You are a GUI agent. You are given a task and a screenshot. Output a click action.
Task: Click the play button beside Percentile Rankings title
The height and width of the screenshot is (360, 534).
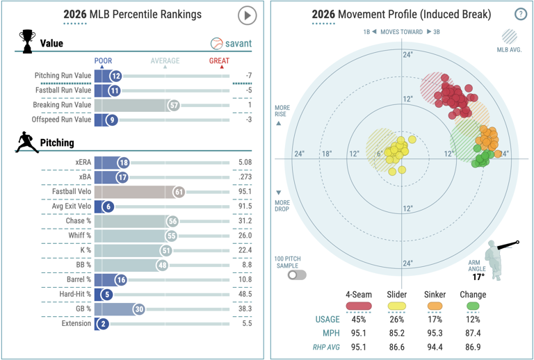(247, 15)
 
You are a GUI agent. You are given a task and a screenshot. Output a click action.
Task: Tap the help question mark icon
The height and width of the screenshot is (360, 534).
(520, 14)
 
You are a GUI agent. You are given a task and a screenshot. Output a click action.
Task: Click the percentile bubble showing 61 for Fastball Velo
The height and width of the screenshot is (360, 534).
(179, 192)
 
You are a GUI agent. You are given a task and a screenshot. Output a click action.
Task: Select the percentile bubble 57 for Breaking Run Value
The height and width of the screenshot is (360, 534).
(174, 105)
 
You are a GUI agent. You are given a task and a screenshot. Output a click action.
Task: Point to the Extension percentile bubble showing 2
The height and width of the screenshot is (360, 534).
(103, 324)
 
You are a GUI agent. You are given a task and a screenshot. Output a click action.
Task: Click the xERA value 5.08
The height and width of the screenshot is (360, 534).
(245, 163)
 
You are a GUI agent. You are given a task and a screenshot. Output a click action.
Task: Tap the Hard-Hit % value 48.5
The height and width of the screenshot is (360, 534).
(245, 294)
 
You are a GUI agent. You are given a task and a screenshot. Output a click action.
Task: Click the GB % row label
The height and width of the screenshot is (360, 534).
(83, 309)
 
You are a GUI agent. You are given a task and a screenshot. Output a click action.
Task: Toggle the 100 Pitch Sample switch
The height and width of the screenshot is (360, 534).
(297, 275)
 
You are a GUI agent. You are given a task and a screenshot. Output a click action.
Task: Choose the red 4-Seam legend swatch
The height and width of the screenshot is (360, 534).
(359, 306)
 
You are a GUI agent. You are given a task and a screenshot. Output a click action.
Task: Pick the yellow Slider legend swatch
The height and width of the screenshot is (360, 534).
(397, 306)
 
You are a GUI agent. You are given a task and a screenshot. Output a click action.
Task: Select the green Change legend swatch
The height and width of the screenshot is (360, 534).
(473, 306)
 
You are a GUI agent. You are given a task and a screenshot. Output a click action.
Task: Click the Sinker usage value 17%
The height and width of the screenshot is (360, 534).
(435, 320)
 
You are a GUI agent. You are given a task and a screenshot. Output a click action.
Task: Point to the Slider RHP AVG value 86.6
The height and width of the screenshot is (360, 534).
(397, 347)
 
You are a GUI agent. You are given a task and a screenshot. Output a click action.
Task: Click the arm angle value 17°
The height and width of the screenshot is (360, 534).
(478, 277)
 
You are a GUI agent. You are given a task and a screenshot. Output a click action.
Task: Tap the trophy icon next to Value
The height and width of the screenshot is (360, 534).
(27, 42)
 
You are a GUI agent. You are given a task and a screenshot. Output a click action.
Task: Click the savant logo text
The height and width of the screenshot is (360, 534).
(238, 44)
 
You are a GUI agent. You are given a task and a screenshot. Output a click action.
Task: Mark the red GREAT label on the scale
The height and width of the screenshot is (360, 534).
(219, 60)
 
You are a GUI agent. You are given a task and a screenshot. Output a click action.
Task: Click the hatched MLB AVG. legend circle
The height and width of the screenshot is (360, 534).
(509, 36)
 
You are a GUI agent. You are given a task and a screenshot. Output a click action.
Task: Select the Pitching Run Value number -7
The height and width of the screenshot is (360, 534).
(249, 76)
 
